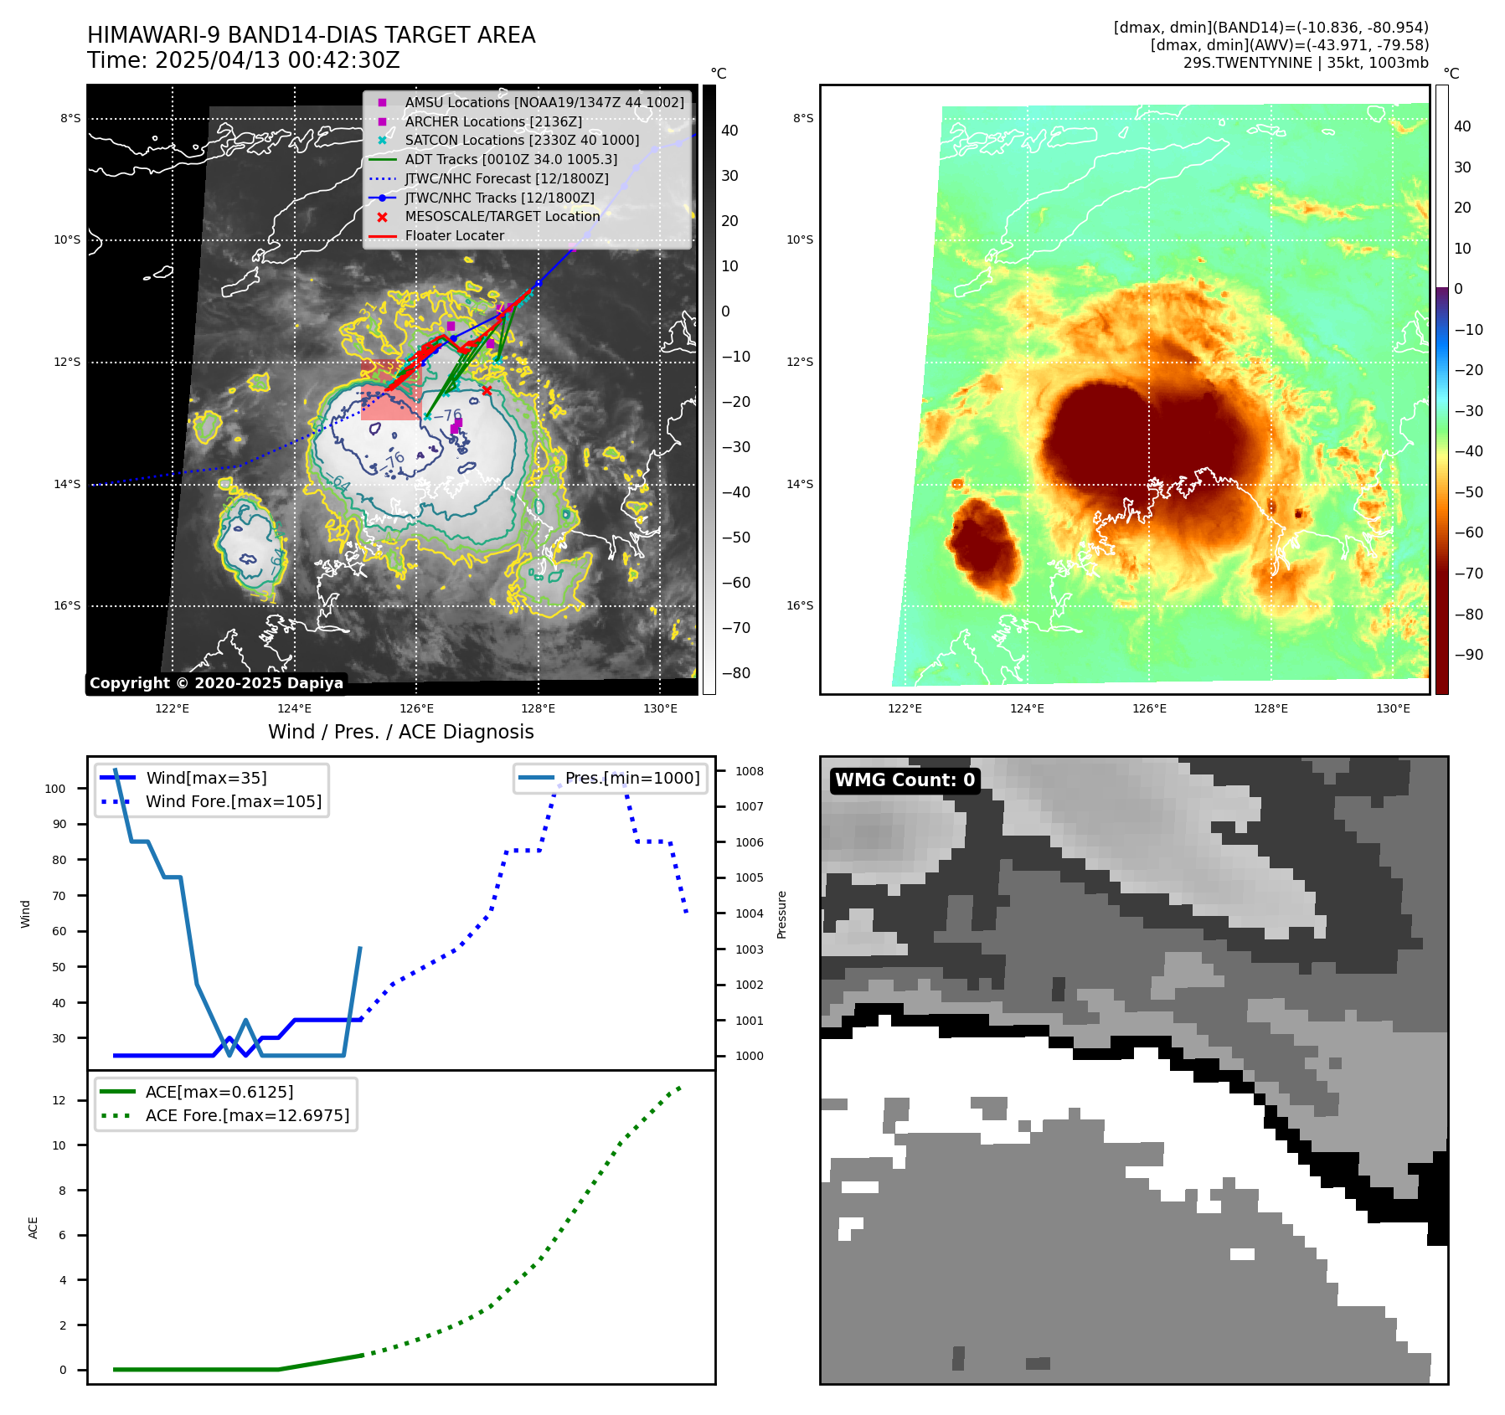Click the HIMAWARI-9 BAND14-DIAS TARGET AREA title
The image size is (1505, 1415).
[x=311, y=35]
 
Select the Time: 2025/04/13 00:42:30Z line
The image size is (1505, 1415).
[x=244, y=60]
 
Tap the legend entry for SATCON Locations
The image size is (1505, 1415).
[x=522, y=141]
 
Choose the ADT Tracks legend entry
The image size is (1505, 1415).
[x=511, y=159]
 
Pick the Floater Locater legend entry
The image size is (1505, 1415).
[x=454, y=236]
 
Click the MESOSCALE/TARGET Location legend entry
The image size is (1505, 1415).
[x=503, y=217]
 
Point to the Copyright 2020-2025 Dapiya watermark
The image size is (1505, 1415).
[x=216, y=683]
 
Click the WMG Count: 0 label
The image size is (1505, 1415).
[x=905, y=780]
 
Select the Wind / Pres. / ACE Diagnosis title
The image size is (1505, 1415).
[x=400, y=732]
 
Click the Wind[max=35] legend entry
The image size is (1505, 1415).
[x=206, y=778]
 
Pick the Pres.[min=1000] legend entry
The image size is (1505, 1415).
[x=631, y=778]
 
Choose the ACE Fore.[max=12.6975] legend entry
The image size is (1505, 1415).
[x=247, y=1115]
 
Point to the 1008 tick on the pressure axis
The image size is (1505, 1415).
[x=750, y=771]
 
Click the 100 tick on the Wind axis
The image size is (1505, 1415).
[x=55, y=789]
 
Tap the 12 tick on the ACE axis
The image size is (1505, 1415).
[x=59, y=1100]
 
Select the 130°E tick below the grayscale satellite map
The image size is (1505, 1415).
[x=660, y=709]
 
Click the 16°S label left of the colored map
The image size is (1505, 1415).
[x=800, y=605]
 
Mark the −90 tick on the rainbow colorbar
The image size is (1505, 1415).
[x=1468, y=655]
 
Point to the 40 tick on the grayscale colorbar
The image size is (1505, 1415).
[x=729, y=131]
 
